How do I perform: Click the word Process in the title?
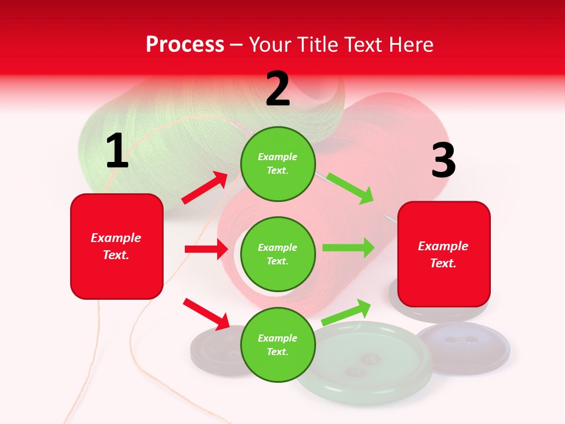[185, 44]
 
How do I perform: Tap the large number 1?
[117, 151]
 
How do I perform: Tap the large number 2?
[278, 89]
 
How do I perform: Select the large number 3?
[443, 161]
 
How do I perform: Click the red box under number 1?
[117, 246]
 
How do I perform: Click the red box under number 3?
[444, 254]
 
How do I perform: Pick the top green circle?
[278, 164]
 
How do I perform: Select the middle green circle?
[278, 254]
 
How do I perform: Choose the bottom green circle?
[278, 344]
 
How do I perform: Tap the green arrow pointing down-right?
[350, 188]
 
